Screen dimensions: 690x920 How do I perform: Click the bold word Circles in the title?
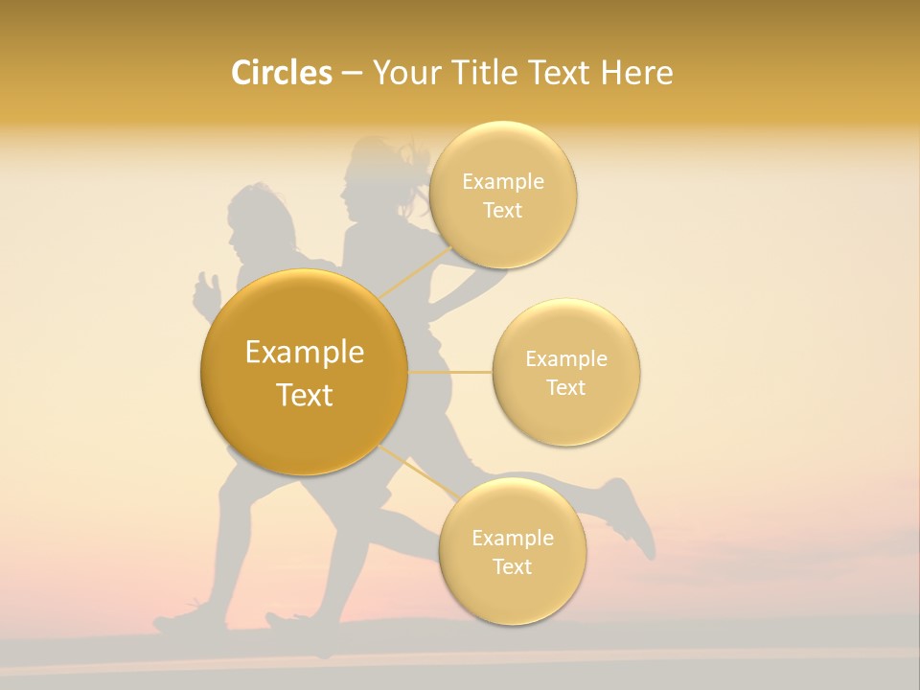pos(281,73)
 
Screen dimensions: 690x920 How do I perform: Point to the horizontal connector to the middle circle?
pos(450,372)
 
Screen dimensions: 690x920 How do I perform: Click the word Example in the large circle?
pos(305,353)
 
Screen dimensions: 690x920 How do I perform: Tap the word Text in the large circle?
pos(305,395)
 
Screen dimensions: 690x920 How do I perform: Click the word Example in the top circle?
pos(503,182)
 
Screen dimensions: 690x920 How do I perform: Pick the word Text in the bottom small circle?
pos(513,566)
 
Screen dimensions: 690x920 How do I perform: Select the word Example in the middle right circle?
pos(566,359)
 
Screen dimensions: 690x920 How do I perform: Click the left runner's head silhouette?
pos(254,220)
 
